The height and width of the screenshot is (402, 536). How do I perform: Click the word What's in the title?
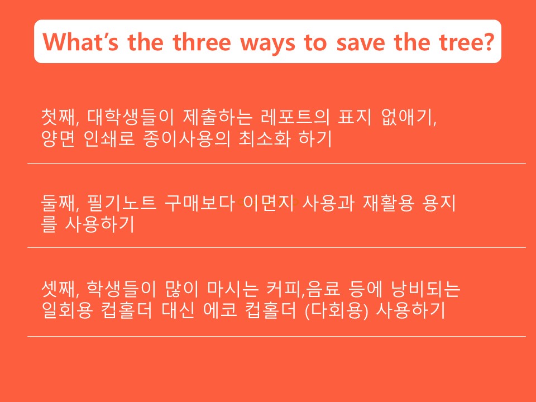[80, 42]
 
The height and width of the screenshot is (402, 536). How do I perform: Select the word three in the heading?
[202, 42]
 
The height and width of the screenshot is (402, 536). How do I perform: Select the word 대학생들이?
[131, 117]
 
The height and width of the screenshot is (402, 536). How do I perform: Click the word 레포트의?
[295, 117]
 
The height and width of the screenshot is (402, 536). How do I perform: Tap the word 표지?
[354, 117]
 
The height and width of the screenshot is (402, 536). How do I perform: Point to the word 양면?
[58, 138]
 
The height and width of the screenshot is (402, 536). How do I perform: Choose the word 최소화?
[264, 138]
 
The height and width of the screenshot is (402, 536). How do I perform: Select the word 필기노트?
[122, 203]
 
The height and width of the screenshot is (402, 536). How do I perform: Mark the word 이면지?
[268, 203]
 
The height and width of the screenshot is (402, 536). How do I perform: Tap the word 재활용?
[389, 203]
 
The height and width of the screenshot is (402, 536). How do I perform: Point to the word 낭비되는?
[426, 289]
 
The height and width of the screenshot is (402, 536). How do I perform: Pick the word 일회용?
[67, 310]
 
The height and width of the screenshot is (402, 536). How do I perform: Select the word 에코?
[220, 310]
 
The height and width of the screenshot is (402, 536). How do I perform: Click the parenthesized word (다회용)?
[336, 310]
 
